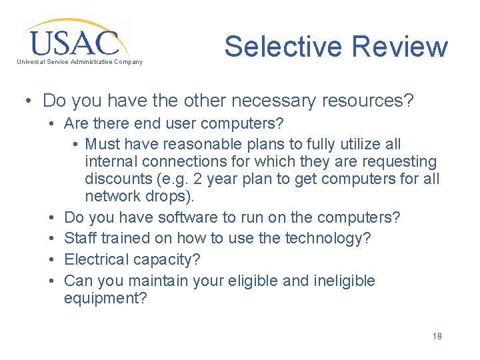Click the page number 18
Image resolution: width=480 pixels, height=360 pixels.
point(437,336)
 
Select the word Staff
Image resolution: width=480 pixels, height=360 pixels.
point(80,239)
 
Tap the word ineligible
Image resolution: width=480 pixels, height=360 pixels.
point(344,281)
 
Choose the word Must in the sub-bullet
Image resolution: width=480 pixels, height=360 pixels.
point(103,144)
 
